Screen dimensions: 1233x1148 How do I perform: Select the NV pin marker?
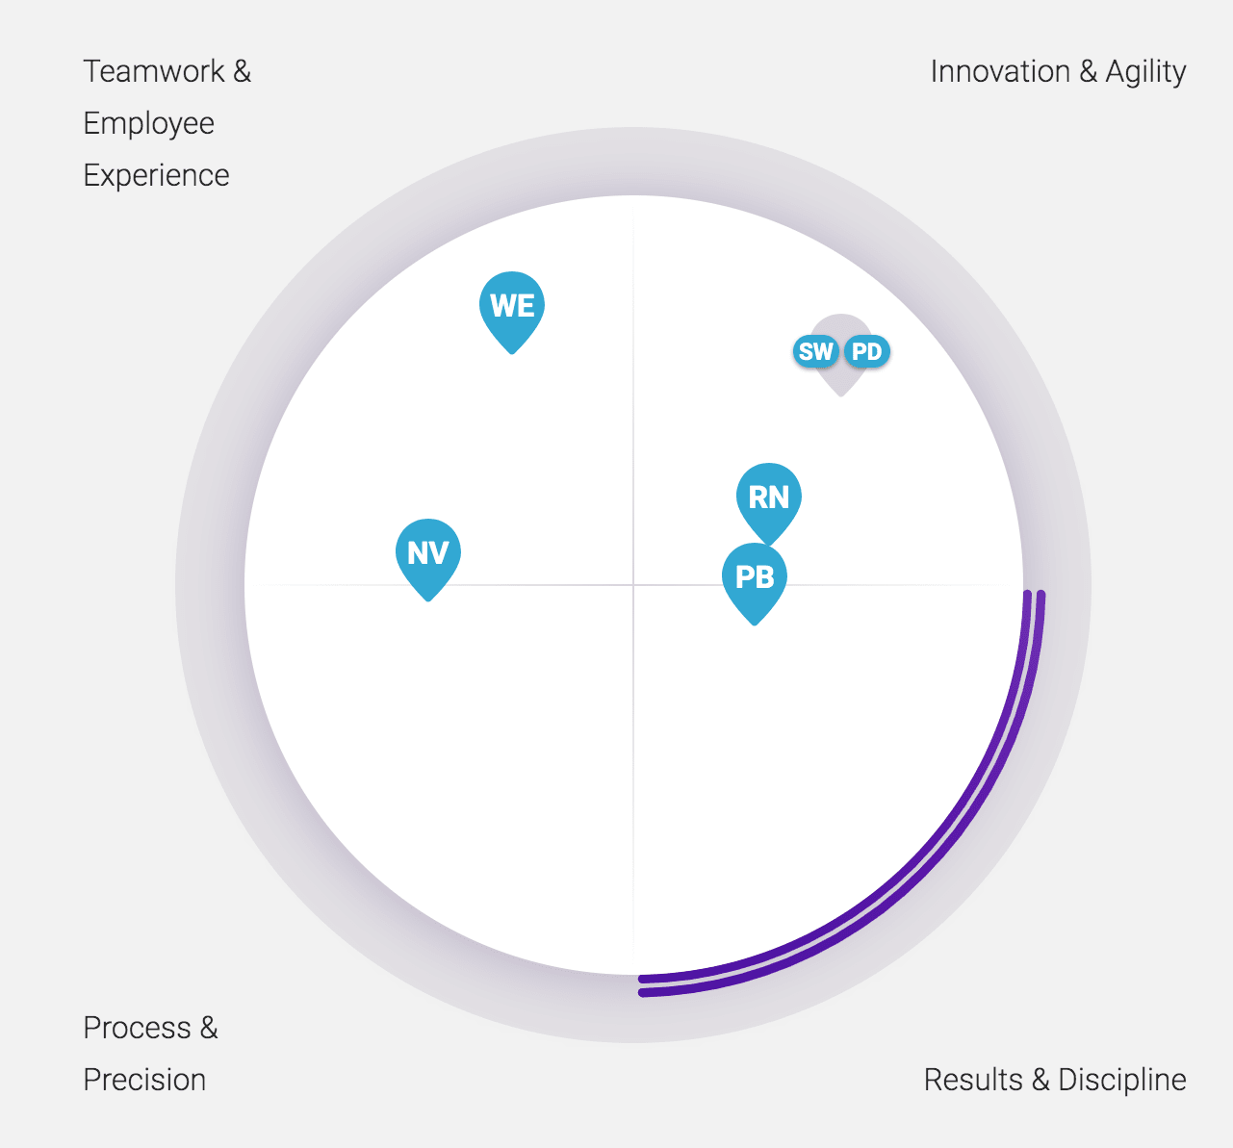coord(428,554)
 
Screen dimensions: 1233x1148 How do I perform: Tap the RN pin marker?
coord(769,499)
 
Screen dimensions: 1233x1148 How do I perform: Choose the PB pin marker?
coord(755,579)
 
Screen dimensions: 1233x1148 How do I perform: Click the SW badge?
coord(816,351)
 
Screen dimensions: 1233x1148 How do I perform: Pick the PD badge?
coord(866,351)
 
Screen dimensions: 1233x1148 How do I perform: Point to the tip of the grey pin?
coord(841,395)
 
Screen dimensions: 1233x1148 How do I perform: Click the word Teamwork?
coord(154,71)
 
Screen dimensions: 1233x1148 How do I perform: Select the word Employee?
coord(149,124)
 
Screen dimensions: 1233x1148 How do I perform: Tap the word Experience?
coord(157,176)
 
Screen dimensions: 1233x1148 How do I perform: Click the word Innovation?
coord(1000,71)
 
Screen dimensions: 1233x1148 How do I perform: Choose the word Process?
coord(138,1028)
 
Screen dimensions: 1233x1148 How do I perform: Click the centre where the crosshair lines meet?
coord(633,584)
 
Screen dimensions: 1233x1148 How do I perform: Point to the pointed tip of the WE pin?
coord(512,353)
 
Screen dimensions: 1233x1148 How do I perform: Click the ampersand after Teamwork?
coord(243,71)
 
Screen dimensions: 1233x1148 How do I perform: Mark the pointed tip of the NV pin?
coord(428,600)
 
